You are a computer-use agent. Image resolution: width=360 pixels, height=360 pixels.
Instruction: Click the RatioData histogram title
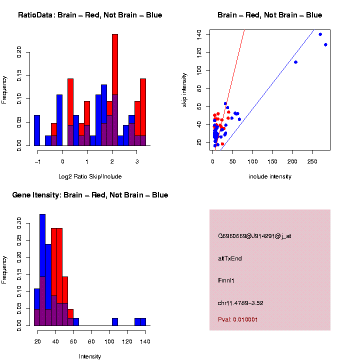click(90, 15)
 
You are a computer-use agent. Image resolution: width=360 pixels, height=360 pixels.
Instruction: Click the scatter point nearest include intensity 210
click(295, 62)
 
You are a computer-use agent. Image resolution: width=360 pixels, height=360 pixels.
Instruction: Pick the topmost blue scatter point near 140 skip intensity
click(320, 34)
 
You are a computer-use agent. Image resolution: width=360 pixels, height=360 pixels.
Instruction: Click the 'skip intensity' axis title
click(184, 89)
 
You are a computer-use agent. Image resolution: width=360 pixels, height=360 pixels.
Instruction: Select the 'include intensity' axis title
click(269, 176)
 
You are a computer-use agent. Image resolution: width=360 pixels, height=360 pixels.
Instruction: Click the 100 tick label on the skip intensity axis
click(199, 70)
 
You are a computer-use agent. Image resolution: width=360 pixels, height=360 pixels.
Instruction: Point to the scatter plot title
click(269, 15)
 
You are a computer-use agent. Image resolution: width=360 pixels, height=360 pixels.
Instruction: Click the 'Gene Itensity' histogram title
click(90, 195)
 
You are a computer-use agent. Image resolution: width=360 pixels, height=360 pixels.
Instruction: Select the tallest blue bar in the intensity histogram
click(42, 270)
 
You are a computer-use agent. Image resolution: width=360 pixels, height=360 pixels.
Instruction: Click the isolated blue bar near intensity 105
click(115, 322)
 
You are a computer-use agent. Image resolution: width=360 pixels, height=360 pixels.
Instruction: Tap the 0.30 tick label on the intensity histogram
click(19, 220)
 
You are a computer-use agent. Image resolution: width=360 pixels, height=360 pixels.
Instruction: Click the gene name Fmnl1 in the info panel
click(226, 280)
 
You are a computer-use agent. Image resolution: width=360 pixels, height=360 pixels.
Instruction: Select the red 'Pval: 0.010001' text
click(241, 319)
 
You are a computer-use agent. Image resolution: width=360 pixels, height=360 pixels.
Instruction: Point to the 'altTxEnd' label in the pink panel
click(230, 258)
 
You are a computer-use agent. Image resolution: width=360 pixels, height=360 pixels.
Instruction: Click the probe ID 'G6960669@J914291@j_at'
click(254, 236)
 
